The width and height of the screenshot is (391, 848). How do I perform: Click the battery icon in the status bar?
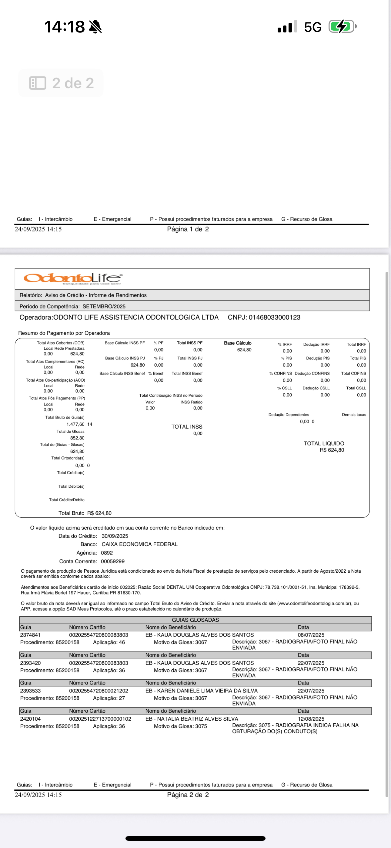pyautogui.click(x=342, y=27)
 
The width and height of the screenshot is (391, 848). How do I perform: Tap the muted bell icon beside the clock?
pyautogui.click(x=95, y=27)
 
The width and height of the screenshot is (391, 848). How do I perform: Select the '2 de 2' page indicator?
pyautogui.click(x=61, y=83)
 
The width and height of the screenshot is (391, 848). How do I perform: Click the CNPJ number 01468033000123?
pyautogui.click(x=274, y=317)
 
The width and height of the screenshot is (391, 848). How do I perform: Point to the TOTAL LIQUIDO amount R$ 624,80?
pyautogui.click(x=332, y=450)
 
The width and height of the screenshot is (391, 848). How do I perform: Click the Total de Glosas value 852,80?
pyautogui.click(x=77, y=438)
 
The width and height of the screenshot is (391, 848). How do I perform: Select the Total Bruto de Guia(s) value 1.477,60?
pyautogui.click(x=75, y=424)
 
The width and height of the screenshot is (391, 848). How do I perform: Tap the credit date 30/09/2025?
pyautogui.click(x=115, y=536)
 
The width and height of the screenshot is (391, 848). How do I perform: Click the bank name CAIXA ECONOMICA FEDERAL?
pyautogui.click(x=139, y=544)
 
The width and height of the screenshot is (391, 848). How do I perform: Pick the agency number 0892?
pyautogui.click(x=107, y=553)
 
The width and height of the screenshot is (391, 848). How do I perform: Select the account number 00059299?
pyautogui.click(x=112, y=561)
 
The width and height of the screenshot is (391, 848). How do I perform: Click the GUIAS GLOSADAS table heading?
pyautogui.click(x=195, y=620)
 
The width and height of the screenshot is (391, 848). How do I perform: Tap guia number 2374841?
pyautogui.click(x=30, y=635)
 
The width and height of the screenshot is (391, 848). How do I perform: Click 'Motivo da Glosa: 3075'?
pyautogui.click(x=180, y=726)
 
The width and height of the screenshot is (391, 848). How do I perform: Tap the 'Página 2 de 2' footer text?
pyautogui.click(x=188, y=795)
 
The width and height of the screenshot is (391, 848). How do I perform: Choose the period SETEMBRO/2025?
pyautogui.click(x=104, y=307)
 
